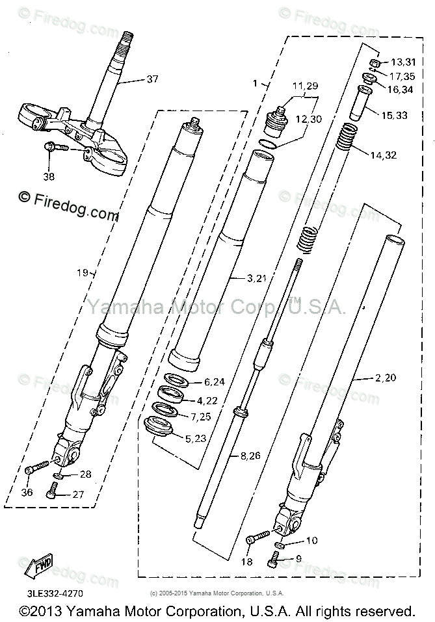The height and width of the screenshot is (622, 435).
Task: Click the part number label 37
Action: pyautogui.click(x=152, y=80)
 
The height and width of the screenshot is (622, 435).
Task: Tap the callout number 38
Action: pyautogui.click(x=49, y=175)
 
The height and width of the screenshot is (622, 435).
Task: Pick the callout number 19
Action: pyautogui.click(x=81, y=274)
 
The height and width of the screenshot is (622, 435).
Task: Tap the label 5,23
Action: pyautogui.click(x=196, y=439)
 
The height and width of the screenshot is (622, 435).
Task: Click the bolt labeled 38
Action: pyautogui.click(x=57, y=148)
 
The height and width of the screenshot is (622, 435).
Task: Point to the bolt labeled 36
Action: pyautogui.click(x=38, y=468)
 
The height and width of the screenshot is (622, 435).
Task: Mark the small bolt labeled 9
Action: pyautogui.click(x=275, y=557)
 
